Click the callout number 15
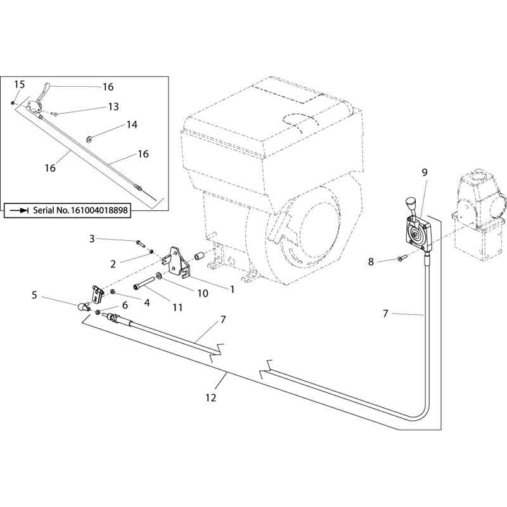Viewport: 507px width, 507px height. coord(20,85)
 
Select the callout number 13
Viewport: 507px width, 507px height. coord(113,106)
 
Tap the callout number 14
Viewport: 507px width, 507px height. coord(132,125)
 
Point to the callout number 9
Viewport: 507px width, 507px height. coord(425,172)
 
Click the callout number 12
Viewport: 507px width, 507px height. coord(211,397)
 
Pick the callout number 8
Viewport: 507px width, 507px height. coord(371,262)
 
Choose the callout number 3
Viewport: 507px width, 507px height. coord(92,239)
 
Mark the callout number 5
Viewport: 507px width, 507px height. coord(34,295)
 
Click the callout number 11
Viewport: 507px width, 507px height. coord(177,307)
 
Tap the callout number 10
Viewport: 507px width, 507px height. coord(203,293)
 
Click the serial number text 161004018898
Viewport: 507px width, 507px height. coord(99,210)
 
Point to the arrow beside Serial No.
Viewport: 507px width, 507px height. coord(20,210)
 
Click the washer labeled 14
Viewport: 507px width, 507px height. coord(89,139)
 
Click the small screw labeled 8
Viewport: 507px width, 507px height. coord(401,258)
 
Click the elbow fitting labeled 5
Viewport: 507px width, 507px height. coord(84,306)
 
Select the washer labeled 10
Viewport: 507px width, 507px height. coord(159,276)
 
